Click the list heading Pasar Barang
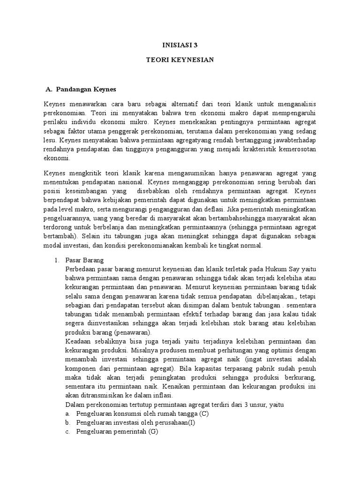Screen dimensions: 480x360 tap(86, 260)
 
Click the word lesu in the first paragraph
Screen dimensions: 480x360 tap(50, 140)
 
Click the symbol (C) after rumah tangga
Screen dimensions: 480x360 tap(203, 414)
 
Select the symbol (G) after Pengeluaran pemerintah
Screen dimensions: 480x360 tap(153, 432)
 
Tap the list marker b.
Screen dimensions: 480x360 tap(68, 423)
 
